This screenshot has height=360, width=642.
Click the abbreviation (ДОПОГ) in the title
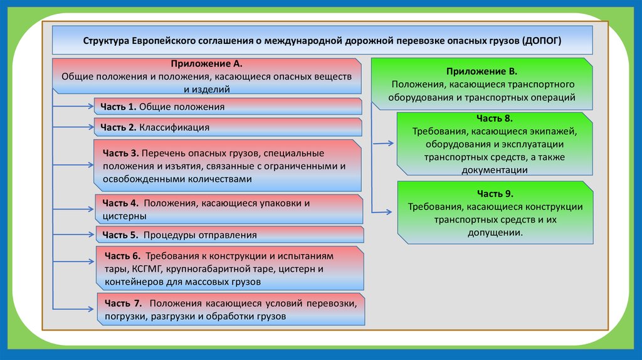(x=541, y=40)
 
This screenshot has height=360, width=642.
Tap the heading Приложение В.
(x=481, y=72)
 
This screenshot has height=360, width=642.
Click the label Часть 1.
(x=118, y=107)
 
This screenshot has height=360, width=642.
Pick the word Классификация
(x=174, y=127)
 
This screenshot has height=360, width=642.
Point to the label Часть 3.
(x=117, y=153)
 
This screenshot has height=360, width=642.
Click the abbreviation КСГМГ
(x=147, y=269)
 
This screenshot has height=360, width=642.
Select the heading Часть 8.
(x=494, y=118)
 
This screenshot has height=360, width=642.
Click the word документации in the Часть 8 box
(x=494, y=169)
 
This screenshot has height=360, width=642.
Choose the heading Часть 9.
(x=495, y=193)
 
